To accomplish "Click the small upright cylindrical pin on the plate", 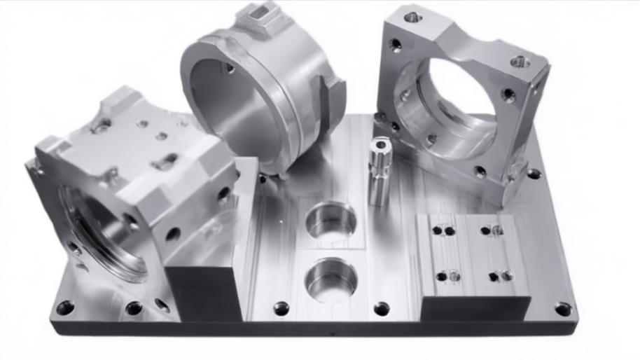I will (x=380, y=172).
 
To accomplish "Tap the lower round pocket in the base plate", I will (x=331, y=278).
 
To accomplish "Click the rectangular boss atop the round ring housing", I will (x=263, y=19).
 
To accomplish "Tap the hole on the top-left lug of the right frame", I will (x=412, y=15).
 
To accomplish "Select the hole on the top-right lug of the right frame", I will (x=519, y=62).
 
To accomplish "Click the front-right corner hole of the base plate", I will (x=562, y=308).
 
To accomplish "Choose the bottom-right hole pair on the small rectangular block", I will (x=500, y=276).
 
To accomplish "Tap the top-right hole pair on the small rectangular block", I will (x=491, y=230).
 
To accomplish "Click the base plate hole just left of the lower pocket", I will (x=281, y=307).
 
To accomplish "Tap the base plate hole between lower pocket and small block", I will (x=382, y=307).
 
